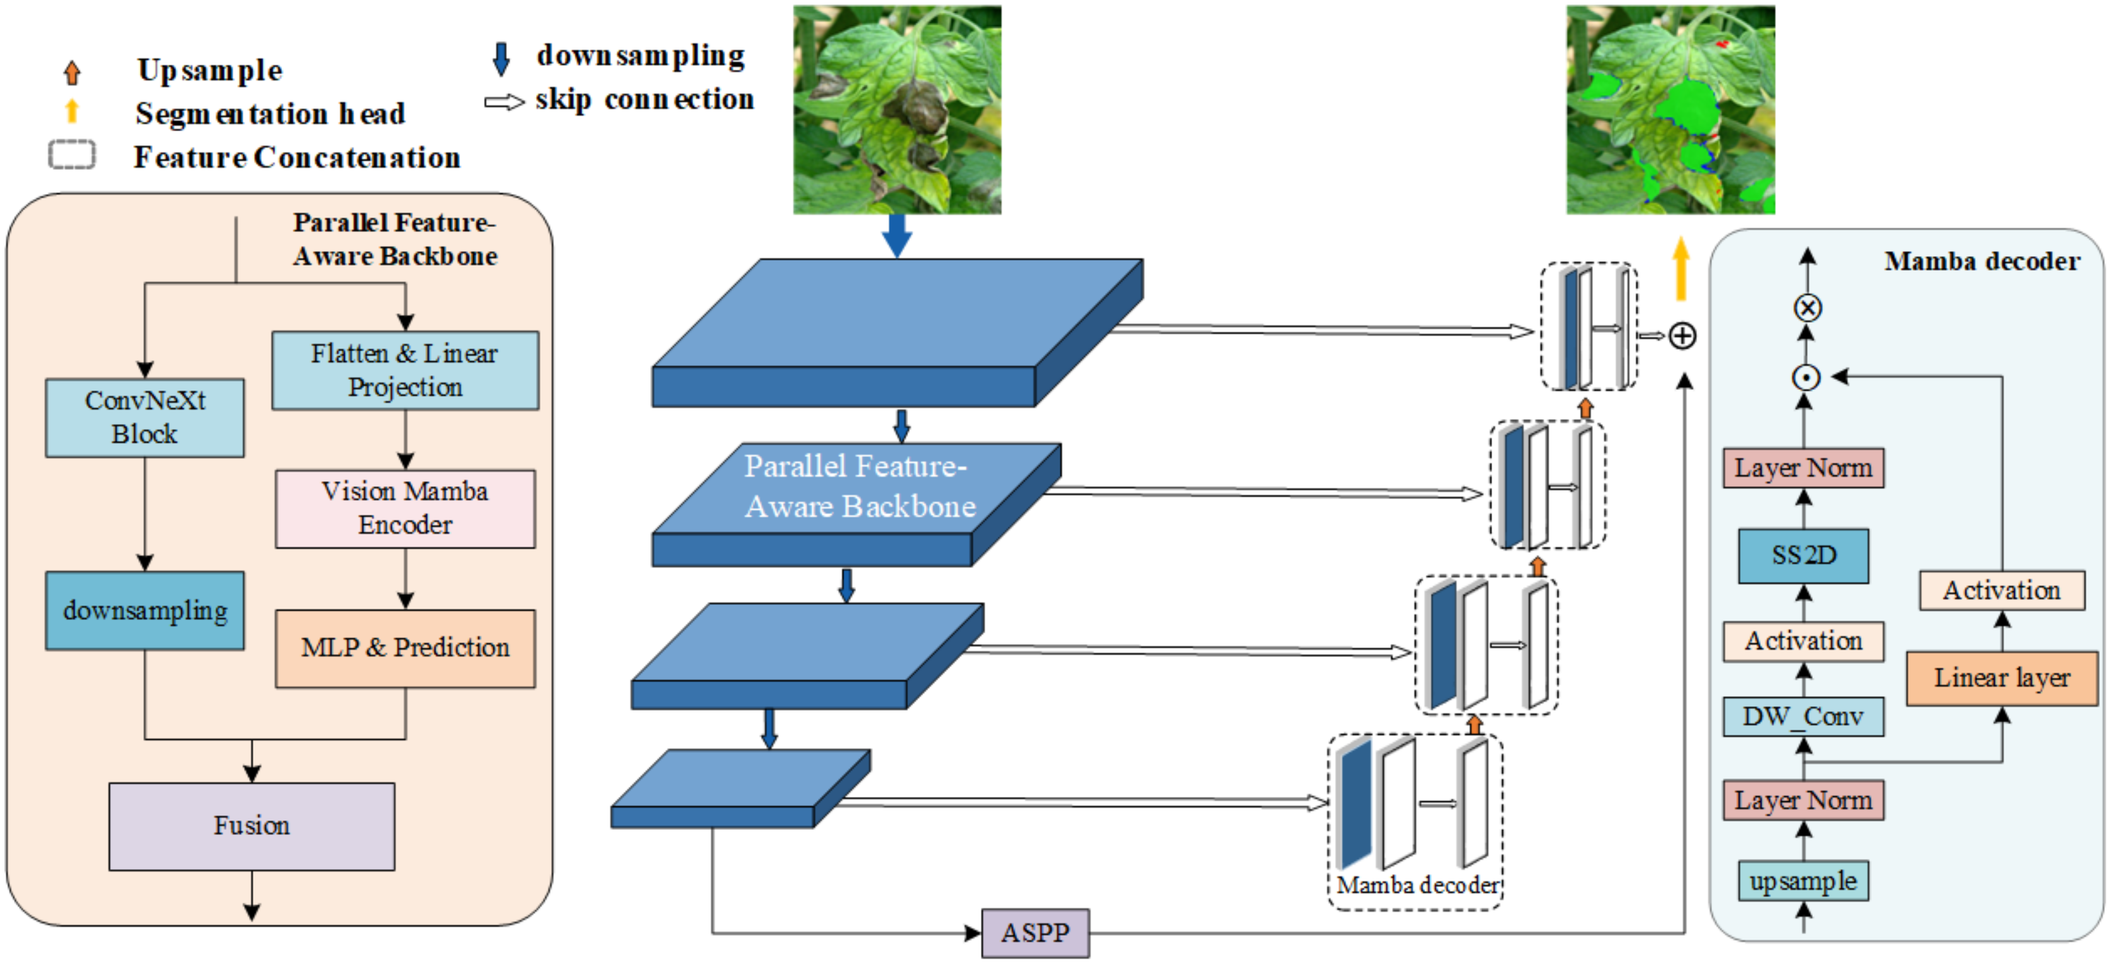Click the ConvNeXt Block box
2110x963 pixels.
[145, 417]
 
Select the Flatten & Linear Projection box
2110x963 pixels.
[405, 370]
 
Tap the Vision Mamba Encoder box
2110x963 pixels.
[405, 508]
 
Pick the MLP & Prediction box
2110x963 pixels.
[405, 647]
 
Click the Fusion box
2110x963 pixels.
[252, 825]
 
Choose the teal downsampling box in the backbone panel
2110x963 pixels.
[145, 611]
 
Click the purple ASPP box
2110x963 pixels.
[1035, 933]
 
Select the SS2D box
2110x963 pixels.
[1804, 555]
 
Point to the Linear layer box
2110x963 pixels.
[2002, 678]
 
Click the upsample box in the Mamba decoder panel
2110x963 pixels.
[1804, 881]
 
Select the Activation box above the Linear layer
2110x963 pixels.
[2002, 590]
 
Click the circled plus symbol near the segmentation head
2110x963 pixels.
[1682, 335]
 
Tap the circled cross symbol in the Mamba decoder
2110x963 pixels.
[1808, 308]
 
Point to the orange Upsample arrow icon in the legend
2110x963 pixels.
[72, 72]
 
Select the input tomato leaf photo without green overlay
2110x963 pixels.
[897, 110]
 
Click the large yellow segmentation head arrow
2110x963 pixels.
[1681, 269]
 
